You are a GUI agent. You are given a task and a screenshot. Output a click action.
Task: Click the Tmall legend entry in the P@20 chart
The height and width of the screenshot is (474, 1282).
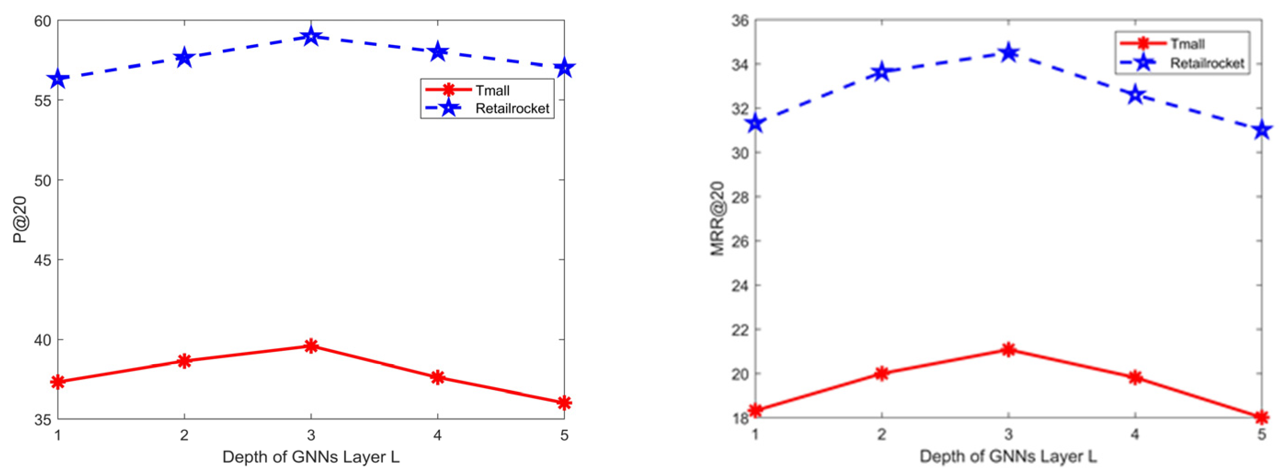coord(492,90)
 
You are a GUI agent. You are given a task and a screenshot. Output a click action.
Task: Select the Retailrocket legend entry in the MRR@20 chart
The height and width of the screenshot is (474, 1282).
coord(1206,63)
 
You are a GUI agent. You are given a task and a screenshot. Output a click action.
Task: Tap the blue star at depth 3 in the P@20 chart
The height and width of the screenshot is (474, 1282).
coord(311,36)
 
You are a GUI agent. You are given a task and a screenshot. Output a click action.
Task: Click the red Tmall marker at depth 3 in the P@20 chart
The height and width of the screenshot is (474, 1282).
coord(311,346)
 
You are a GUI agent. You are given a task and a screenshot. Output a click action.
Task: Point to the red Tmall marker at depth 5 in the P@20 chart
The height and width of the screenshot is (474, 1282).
coord(564,402)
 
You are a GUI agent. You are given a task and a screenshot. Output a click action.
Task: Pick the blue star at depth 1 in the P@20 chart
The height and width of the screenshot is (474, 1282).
coord(58,79)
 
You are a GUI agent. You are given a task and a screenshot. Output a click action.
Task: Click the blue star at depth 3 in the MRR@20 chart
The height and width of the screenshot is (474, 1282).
coord(1009,52)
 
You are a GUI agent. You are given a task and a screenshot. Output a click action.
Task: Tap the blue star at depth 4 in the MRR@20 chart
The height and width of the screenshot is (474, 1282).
coord(1135,95)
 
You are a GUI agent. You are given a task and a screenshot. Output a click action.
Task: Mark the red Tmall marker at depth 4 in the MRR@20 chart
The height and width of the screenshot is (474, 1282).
coord(1135,377)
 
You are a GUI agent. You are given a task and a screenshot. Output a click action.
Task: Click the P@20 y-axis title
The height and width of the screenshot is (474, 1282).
coord(20,220)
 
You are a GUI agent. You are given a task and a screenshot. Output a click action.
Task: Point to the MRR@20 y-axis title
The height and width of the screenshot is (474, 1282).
coord(717,218)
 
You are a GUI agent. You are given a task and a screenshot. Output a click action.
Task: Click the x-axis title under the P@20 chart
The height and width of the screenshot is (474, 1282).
coord(311,457)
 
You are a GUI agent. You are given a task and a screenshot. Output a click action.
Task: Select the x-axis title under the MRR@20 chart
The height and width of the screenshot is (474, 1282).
coord(1009,456)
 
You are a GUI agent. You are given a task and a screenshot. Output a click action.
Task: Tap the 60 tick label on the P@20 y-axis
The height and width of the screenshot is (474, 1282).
coord(42,21)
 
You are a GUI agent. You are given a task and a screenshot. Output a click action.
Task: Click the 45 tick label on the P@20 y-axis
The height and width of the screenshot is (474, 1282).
coord(42,260)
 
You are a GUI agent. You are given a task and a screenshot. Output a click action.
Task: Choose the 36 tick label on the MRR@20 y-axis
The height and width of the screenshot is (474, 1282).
coord(740,21)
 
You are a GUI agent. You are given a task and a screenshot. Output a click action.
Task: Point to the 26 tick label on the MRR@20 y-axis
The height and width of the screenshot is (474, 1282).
coord(740,241)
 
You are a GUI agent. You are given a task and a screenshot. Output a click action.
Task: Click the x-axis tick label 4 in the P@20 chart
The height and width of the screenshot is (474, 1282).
coord(438,436)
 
